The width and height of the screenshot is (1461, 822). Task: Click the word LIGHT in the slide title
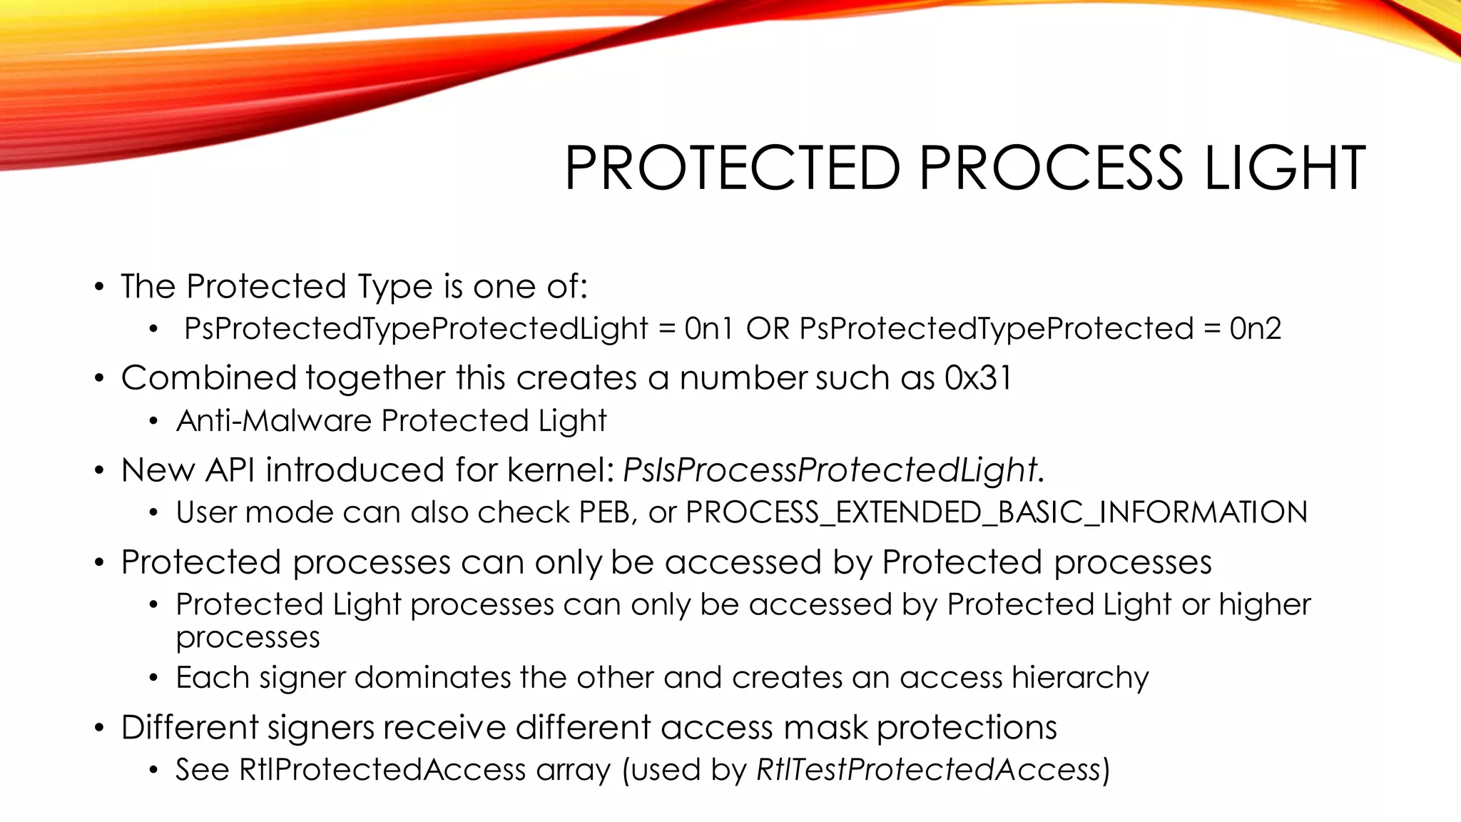pyautogui.click(x=1285, y=168)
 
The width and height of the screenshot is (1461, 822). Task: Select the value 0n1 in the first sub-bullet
pyautogui.click(x=708, y=329)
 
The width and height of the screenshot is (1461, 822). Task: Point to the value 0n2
pyautogui.click(x=1256, y=329)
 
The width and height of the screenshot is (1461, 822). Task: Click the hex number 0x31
pyautogui.click(x=978, y=378)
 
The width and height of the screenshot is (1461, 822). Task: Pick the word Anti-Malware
pyautogui.click(x=274, y=421)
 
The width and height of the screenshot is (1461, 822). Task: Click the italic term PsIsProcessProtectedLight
pyautogui.click(x=830, y=470)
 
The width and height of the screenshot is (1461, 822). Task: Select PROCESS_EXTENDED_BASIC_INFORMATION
pyautogui.click(x=997, y=513)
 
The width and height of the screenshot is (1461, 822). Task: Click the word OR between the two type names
pyautogui.click(x=768, y=329)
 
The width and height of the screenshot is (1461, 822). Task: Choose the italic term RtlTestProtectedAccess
pyautogui.click(x=929, y=769)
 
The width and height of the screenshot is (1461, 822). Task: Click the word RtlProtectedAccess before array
pyautogui.click(x=382, y=769)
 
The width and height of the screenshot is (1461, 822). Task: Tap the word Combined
pyautogui.click(x=208, y=378)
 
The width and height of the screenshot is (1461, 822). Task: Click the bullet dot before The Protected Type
pyautogui.click(x=99, y=288)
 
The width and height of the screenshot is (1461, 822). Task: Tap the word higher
pyautogui.click(x=1264, y=605)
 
